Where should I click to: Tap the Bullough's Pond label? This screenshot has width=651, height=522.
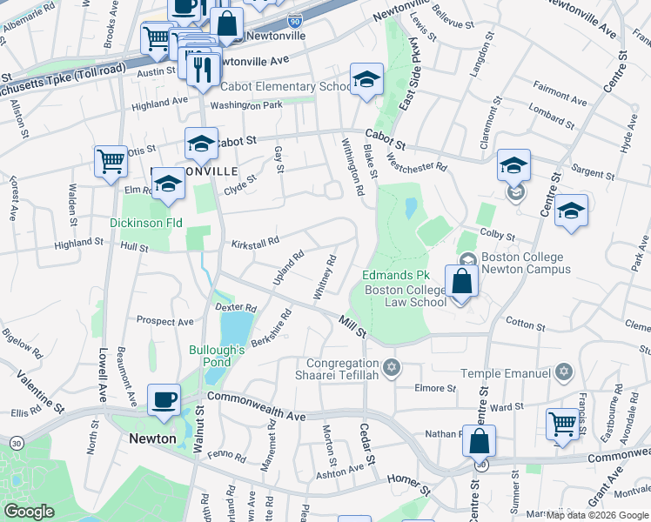pos(211,356)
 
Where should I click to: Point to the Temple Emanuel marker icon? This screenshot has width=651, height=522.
pos(564,373)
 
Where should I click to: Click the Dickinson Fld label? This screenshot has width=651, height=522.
pos(146,223)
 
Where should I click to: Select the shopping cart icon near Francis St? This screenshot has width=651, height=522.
pos(563,425)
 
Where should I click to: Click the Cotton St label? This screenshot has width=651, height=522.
pos(525,324)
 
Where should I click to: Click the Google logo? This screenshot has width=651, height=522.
pos(30,511)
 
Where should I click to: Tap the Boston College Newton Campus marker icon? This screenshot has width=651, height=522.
pos(468,258)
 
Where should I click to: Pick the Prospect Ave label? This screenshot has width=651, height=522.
pos(164,321)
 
